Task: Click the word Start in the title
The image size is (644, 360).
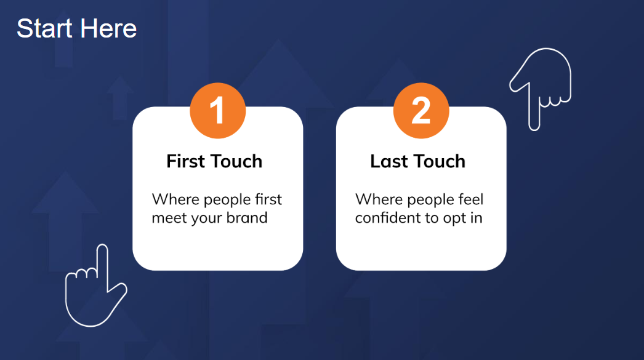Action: (x=44, y=28)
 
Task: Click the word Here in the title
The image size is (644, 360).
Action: (x=108, y=28)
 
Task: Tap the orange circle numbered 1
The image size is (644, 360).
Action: (x=218, y=110)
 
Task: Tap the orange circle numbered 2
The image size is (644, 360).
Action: (x=421, y=110)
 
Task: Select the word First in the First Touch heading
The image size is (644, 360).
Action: (x=185, y=161)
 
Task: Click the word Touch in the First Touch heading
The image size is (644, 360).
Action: (x=235, y=161)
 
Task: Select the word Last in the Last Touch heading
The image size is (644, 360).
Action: (x=389, y=161)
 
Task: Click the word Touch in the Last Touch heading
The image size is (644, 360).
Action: (x=439, y=161)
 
